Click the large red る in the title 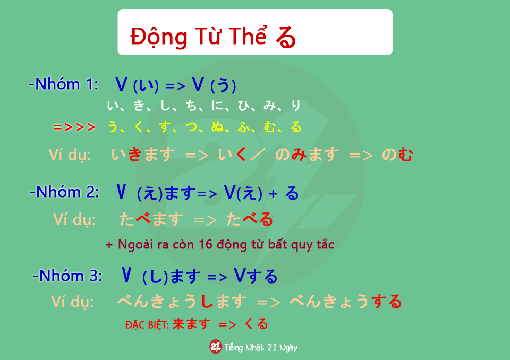pos(286,37)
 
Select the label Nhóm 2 pos(64,192)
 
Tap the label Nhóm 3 pos(67,276)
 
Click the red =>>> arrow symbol pos(74,127)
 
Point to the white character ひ pos(243,105)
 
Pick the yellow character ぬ pos(217,126)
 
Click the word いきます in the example pos(143,155)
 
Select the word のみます pos(307,155)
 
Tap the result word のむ pos(397,155)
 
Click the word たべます pos(151,219)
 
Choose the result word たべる pos(250,219)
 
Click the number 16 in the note pos(205,244)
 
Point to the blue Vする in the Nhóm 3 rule pos(256,276)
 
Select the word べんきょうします pos(182,302)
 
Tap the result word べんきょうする pos(345,302)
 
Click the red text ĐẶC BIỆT pos(147,324)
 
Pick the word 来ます pos(192,324)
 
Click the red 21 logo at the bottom pos(215,347)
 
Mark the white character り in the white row pos(296,105)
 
